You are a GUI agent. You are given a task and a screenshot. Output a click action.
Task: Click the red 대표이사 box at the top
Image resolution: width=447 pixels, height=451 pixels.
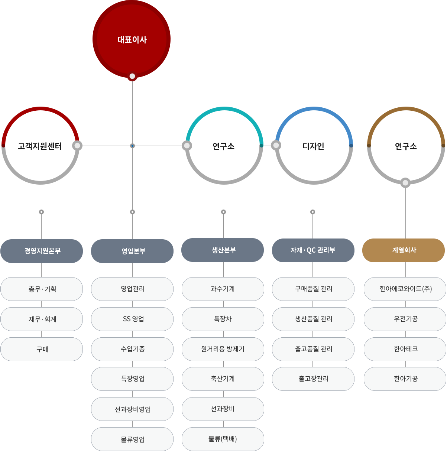(x=132, y=39)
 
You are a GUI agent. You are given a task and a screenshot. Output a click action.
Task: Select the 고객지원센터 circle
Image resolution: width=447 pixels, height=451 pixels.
(x=40, y=146)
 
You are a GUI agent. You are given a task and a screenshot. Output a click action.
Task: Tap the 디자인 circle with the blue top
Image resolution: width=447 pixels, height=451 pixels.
(x=314, y=146)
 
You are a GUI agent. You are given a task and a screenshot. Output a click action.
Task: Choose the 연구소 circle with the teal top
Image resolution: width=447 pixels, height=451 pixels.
(x=224, y=146)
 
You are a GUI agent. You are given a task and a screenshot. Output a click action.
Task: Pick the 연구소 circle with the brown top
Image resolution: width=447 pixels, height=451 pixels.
(x=406, y=146)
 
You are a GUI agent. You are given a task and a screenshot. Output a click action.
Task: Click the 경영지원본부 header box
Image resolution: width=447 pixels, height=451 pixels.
(x=42, y=251)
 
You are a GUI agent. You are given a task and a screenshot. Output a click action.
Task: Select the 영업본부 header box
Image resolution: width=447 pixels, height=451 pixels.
(x=132, y=251)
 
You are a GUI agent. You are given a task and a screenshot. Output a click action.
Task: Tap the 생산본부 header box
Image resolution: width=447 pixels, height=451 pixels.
(x=223, y=250)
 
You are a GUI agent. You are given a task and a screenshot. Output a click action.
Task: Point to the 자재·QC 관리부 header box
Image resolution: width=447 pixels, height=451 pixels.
(x=313, y=250)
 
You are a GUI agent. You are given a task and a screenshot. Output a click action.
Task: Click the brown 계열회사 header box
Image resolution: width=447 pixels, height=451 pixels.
(x=404, y=250)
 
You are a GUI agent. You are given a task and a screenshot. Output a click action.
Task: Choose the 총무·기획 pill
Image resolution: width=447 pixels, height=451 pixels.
(x=42, y=289)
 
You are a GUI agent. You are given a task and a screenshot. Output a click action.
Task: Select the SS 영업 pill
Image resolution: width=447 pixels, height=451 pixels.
(x=132, y=319)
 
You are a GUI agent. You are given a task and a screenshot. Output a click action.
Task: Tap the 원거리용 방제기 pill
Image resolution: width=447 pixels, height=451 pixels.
(x=223, y=349)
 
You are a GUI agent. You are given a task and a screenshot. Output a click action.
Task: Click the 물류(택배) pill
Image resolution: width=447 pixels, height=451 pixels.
(x=223, y=439)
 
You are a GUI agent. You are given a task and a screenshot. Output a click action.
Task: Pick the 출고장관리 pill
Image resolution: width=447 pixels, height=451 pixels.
(x=313, y=379)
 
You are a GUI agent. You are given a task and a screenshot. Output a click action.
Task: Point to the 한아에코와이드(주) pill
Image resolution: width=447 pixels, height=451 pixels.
(x=405, y=289)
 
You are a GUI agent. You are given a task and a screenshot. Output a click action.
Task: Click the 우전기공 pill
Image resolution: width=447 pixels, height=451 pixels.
(x=405, y=319)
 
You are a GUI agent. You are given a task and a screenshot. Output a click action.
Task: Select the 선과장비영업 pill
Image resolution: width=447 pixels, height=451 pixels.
(x=132, y=409)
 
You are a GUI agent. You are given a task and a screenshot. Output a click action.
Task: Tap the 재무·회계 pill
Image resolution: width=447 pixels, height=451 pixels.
(x=42, y=319)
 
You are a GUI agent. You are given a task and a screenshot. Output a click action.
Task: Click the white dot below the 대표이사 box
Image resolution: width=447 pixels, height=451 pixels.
(x=132, y=77)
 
